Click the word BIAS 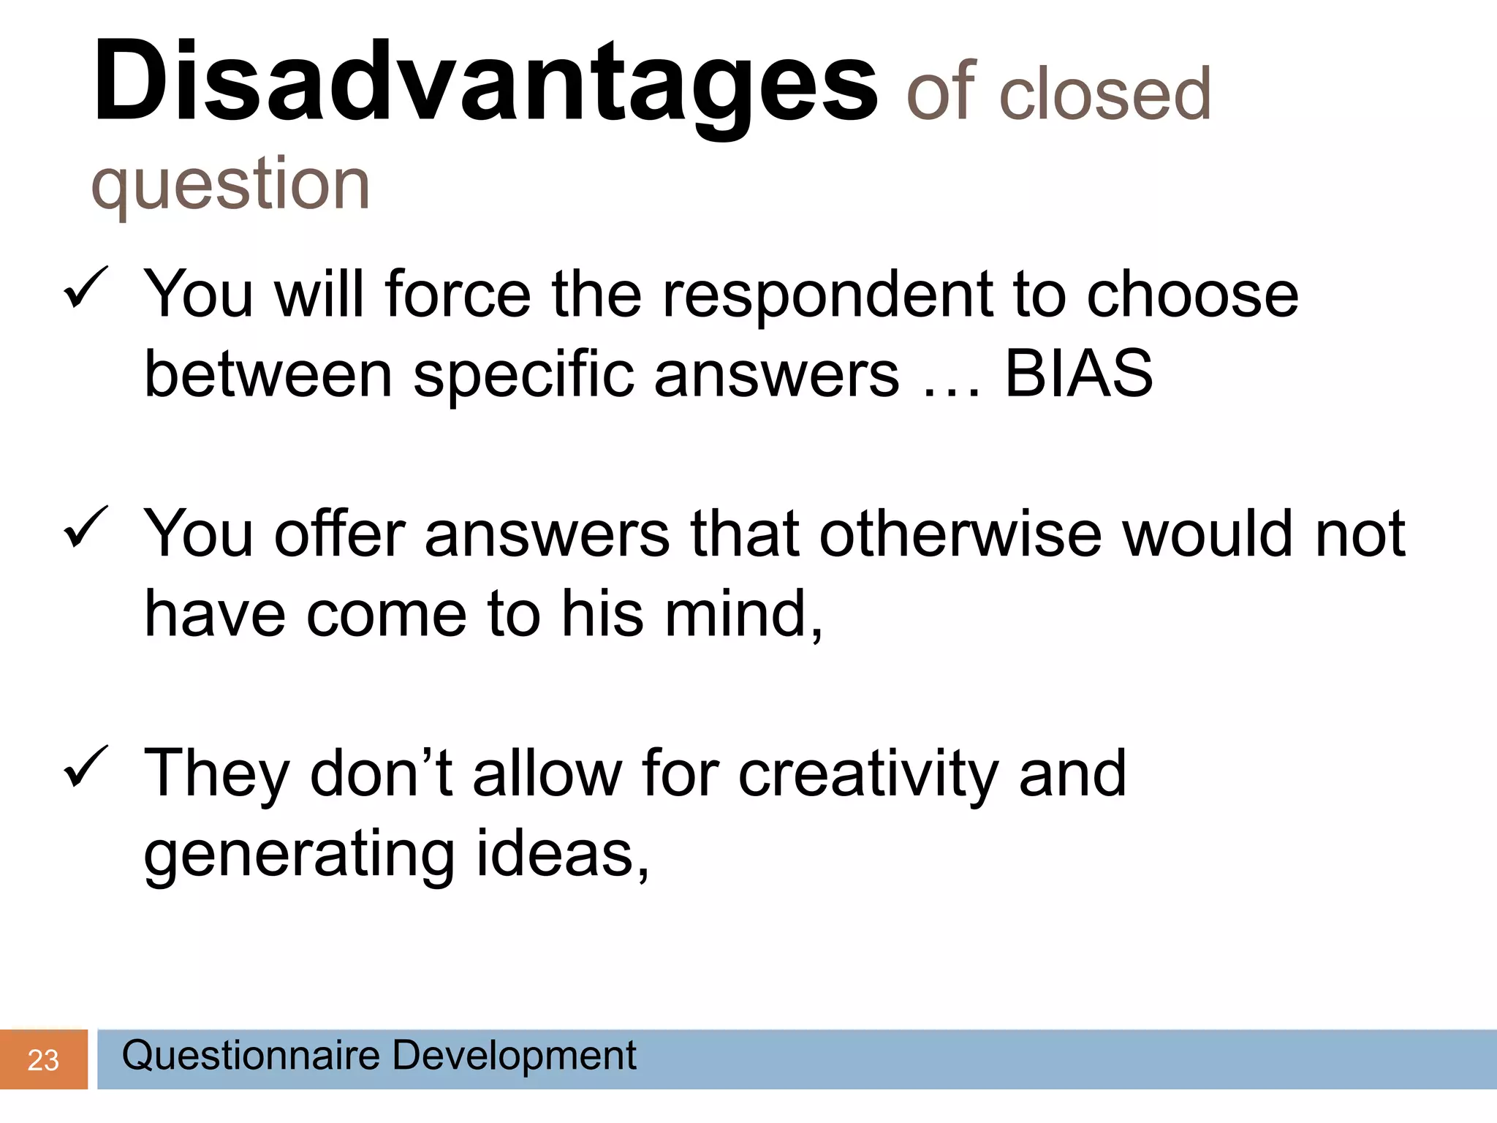click(x=1078, y=374)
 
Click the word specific click(x=524, y=375)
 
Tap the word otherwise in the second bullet click(x=960, y=533)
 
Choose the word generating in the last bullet click(x=300, y=854)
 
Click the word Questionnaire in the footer click(x=251, y=1055)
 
